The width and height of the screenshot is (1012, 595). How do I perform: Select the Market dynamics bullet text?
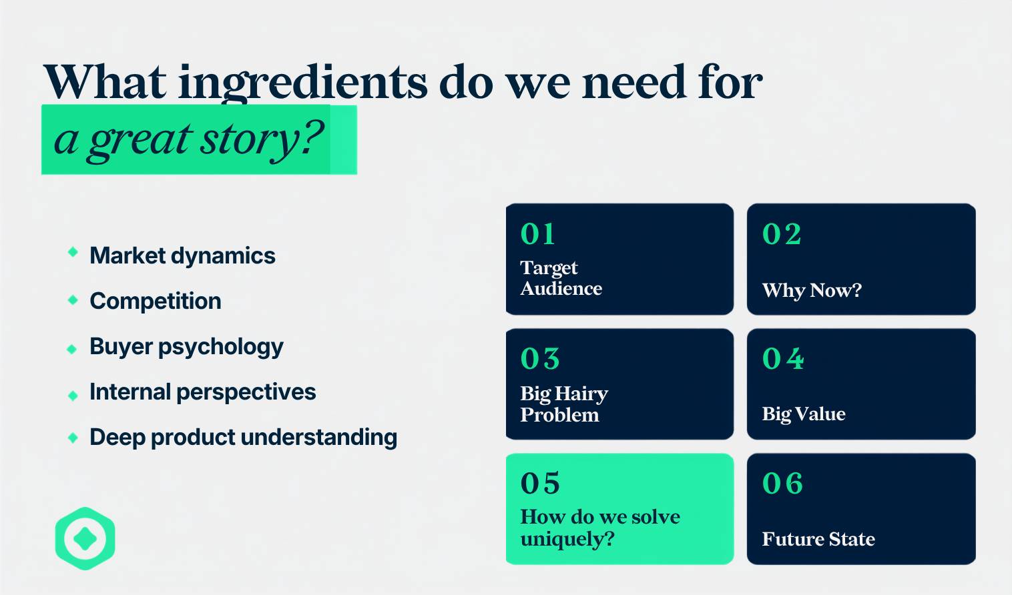[x=182, y=256]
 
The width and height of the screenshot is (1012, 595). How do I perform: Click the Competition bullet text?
[x=156, y=301]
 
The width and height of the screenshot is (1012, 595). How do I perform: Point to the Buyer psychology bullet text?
[x=187, y=348]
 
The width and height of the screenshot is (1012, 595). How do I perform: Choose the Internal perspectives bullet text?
[x=203, y=392]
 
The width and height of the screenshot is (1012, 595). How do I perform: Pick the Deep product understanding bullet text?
[x=244, y=438]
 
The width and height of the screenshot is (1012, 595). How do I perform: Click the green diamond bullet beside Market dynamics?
[x=73, y=252]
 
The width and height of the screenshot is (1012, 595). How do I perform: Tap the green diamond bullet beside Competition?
[x=73, y=300]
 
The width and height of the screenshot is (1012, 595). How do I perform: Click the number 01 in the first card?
[x=537, y=234]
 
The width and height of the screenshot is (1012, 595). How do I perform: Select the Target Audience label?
[x=561, y=278]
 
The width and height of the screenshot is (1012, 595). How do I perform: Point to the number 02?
[x=782, y=234]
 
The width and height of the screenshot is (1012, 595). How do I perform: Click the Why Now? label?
[x=812, y=290]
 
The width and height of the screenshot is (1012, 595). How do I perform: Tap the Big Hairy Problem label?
[x=564, y=404]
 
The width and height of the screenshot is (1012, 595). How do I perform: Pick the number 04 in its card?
[x=783, y=359]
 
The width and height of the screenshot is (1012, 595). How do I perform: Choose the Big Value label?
[x=804, y=414]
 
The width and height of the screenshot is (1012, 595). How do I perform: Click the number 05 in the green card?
[x=540, y=484]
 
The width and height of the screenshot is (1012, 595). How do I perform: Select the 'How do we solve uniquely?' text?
[x=600, y=528]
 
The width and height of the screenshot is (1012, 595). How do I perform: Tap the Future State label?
[x=818, y=539]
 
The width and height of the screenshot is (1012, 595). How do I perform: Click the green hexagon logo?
[x=85, y=538]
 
